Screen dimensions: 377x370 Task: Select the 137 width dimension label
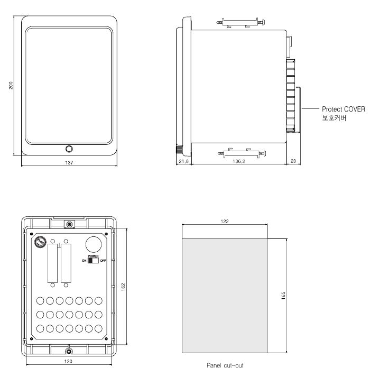(x=69, y=163)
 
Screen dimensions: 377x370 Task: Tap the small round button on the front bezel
(x=69, y=149)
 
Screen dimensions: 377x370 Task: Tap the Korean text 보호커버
(x=334, y=118)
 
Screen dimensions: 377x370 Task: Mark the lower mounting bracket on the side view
(x=239, y=153)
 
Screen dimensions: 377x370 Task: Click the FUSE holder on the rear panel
(x=40, y=242)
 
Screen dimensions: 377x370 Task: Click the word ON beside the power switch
(x=84, y=260)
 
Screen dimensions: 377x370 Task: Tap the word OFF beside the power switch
(x=103, y=260)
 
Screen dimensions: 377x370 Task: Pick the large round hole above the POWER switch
(x=93, y=244)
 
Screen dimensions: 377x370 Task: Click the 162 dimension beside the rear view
(x=123, y=286)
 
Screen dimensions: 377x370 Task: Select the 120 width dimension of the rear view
(x=68, y=363)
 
